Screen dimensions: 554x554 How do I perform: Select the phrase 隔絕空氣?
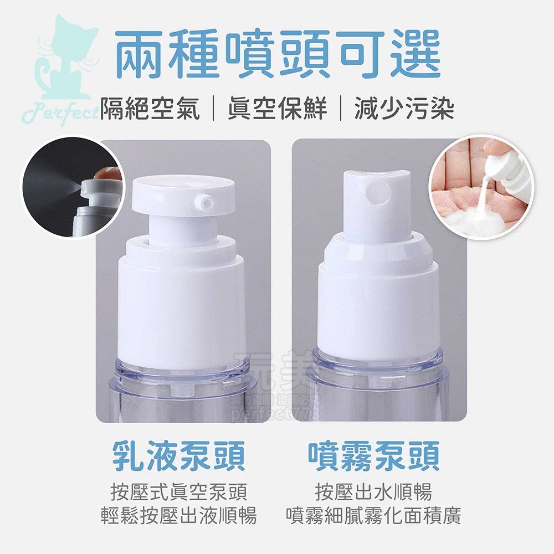(x=150, y=107)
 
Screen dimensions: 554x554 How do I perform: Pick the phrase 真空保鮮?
(x=277, y=107)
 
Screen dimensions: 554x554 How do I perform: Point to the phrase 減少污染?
(x=404, y=107)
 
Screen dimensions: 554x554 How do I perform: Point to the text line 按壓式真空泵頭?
(x=179, y=491)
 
